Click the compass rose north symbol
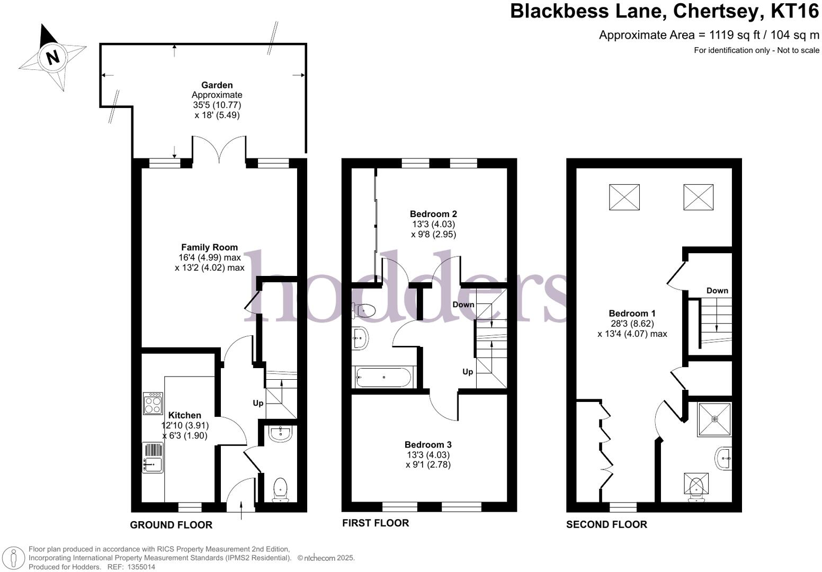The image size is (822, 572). [x=52, y=57]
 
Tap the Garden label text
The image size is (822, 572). [x=217, y=85]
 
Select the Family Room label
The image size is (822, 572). [x=209, y=247]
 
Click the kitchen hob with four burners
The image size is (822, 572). [x=153, y=403]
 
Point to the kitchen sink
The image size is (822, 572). [x=153, y=458]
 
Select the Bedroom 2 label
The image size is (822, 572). [x=433, y=214]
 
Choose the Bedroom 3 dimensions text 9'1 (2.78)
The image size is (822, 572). [x=428, y=464]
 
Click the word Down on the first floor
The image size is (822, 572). [x=463, y=305]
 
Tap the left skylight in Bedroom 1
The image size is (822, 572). [x=624, y=197]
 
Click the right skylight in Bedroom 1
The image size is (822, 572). [x=698, y=197]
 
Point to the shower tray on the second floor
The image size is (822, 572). [x=714, y=419]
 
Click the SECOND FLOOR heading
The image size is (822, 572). [x=606, y=525]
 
